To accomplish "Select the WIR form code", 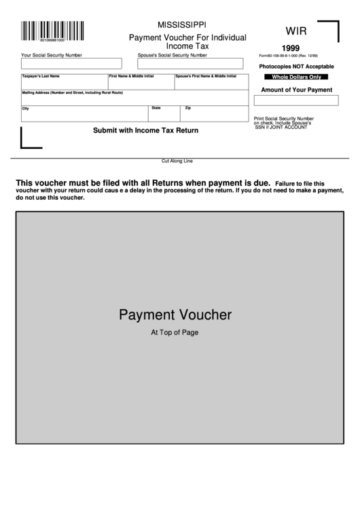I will (x=295, y=31).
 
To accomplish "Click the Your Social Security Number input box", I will (x=71, y=63).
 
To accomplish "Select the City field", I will (x=84, y=113).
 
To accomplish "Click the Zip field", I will (x=216, y=113).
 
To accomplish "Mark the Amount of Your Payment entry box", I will (x=296, y=101).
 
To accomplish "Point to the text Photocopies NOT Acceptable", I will (x=297, y=67).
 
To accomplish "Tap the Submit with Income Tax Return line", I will (x=145, y=130).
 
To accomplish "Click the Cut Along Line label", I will (x=177, y=161).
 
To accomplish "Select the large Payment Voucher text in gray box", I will (x=175, y=315).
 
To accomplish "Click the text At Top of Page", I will (x=175, y=333).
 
